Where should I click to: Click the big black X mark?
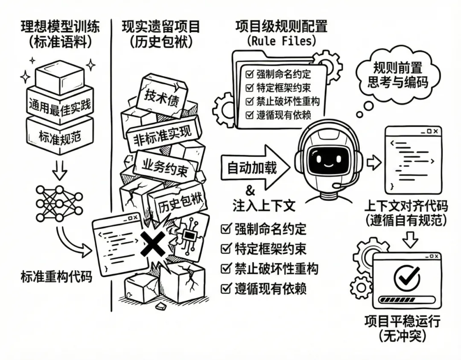(153, 245)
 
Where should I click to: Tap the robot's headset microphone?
(338, 186)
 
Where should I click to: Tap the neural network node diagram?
(59, 203)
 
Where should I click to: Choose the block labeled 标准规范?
(60, 136)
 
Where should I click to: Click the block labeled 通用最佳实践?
(60, 104)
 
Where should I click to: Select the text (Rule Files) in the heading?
(281, 41)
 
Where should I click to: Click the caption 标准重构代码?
(56, 277)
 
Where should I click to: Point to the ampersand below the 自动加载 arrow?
(251, 191)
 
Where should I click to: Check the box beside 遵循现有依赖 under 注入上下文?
(225, 289)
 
